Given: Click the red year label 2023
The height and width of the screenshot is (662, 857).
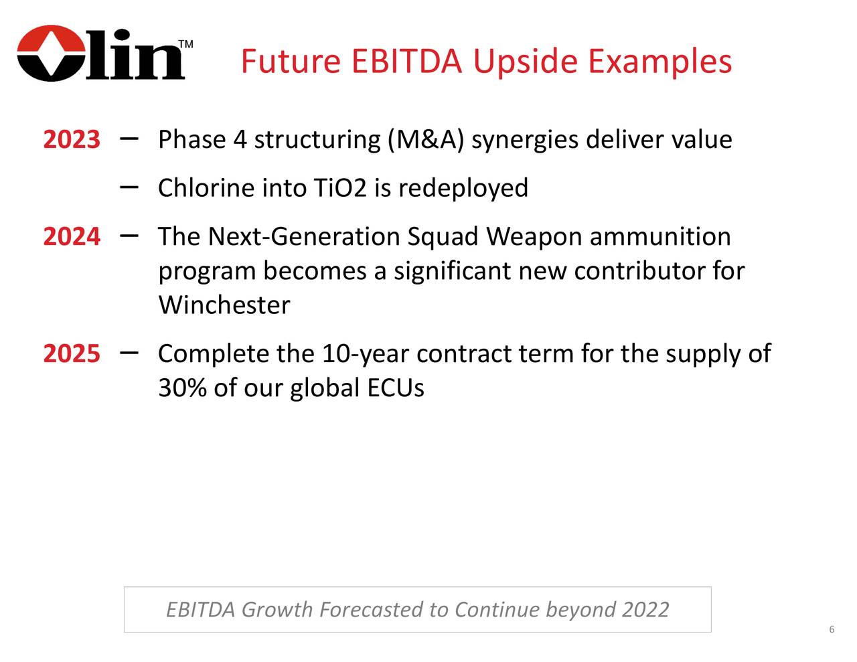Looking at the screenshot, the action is (x=72, y=139).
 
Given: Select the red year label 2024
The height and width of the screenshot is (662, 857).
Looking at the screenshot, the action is (x=72, y=236).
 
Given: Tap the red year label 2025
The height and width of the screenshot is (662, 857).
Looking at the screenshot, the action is (x=72, y=353).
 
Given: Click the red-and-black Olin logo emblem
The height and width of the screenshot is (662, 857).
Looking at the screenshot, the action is (x=52, y=54).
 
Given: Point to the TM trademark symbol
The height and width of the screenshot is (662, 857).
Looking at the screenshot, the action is (x=185, y=44).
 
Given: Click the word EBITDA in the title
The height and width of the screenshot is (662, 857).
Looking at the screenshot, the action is (x=406, y=62).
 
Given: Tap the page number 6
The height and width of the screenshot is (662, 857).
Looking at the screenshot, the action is (x=832, y=629).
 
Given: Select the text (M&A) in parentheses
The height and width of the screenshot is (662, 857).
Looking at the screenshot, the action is (x=426, y=140).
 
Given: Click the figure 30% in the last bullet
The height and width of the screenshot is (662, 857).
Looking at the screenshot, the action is (x=182, y=387).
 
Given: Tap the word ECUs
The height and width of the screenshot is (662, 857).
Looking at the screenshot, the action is (x=396, y=388).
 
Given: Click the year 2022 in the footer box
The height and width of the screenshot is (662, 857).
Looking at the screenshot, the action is (x=645, y=610).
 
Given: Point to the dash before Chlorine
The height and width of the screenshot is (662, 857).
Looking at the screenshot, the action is (x=129, y=187).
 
